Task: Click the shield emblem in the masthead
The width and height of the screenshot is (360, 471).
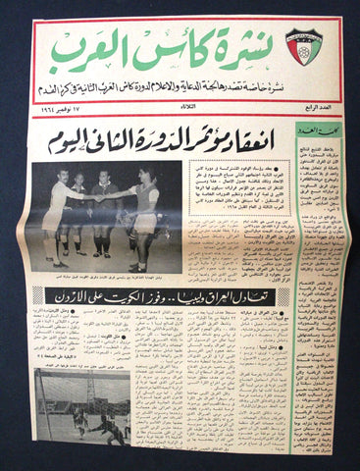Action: (x=303, y=46)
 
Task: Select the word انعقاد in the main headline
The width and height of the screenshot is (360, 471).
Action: (x=245, y=141)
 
